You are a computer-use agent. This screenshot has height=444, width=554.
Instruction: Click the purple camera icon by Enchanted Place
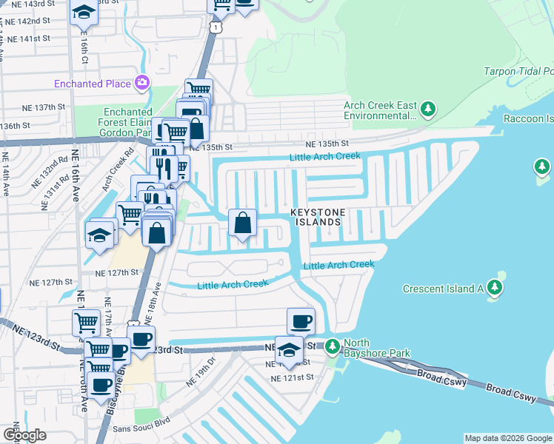coord(141,83)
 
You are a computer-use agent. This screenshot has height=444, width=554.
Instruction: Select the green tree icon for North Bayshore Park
coord(333,346)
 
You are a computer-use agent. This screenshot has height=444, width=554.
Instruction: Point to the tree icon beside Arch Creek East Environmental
coord(427,110)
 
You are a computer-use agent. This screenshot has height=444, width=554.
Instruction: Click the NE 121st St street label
coord(293,377)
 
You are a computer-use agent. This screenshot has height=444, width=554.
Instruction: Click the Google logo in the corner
coord(24,435)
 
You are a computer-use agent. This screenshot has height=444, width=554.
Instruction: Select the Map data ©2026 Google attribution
coord(508,438)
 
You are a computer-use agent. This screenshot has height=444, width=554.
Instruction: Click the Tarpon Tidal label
coord(518,72)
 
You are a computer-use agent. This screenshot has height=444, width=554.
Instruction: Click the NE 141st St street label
coord(27,38)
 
